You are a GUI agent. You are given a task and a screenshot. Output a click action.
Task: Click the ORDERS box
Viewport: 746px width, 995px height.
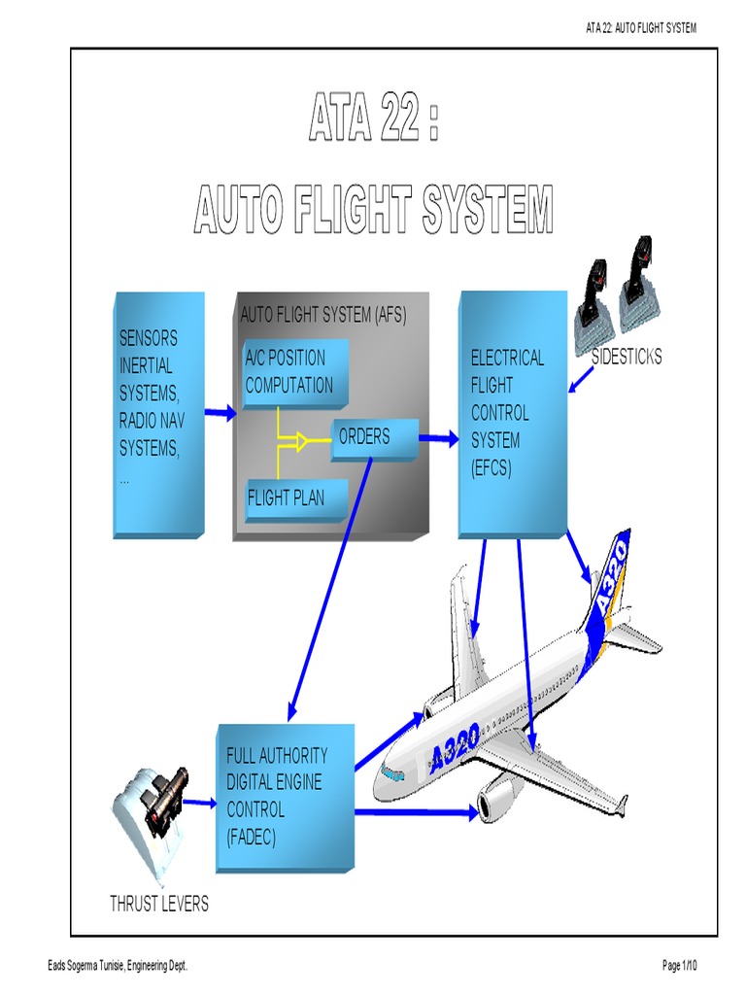coord(374,439)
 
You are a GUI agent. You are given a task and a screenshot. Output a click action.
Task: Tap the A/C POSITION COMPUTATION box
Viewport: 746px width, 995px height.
coord(295,374)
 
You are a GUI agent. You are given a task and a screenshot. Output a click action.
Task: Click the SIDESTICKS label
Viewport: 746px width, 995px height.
coord(627,357)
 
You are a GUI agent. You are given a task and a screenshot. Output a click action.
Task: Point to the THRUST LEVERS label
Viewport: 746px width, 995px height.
coord(159,903)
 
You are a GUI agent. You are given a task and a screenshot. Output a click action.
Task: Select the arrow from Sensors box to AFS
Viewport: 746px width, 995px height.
coord(220,413)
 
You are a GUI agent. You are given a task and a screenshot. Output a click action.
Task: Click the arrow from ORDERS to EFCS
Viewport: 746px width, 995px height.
coord(439,438)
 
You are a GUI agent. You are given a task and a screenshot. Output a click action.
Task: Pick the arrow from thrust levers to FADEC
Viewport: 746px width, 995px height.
coord(200,804)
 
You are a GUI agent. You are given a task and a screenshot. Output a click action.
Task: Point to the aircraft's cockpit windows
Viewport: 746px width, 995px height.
coord(392,774)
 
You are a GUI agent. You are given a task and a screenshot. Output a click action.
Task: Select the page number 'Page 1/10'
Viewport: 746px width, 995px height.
coord(679,965)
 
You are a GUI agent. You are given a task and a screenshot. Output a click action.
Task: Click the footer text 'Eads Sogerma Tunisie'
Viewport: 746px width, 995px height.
coord(85,966)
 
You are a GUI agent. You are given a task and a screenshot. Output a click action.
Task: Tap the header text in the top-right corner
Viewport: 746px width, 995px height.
coord(641,27)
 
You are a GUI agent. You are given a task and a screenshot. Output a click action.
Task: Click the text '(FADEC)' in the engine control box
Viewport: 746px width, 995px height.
coord(252,837)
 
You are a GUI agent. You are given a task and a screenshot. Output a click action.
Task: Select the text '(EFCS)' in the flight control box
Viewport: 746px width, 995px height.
coord(491,468)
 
